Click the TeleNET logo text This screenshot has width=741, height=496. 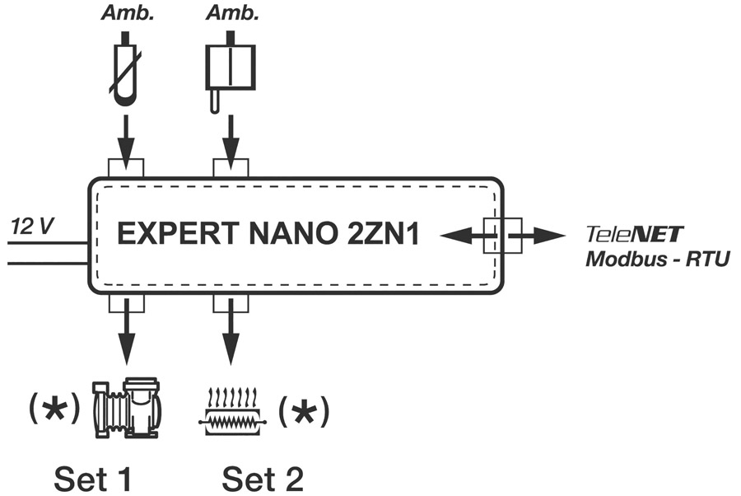click(x=633, y=235)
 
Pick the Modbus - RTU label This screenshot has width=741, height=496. click(x=657, y=259)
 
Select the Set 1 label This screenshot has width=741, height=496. click(x=93, y=475)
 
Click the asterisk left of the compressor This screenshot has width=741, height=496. click(x=55, y=409)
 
